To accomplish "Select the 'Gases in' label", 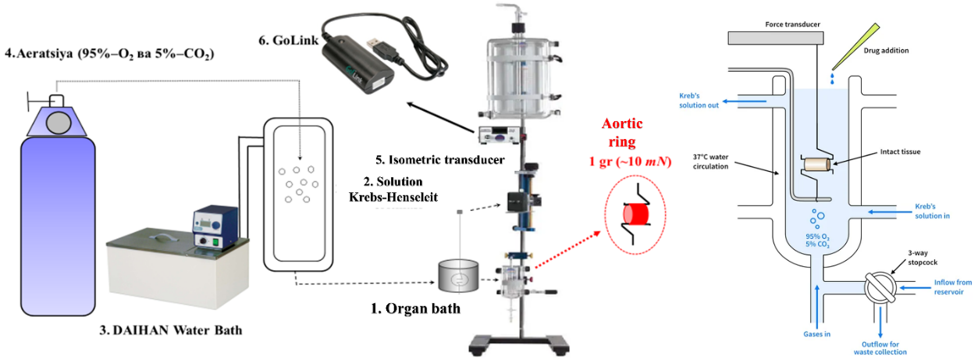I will [816, 333].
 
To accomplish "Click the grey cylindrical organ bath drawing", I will [460, 278].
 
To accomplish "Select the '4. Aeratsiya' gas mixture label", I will [109, 54].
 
